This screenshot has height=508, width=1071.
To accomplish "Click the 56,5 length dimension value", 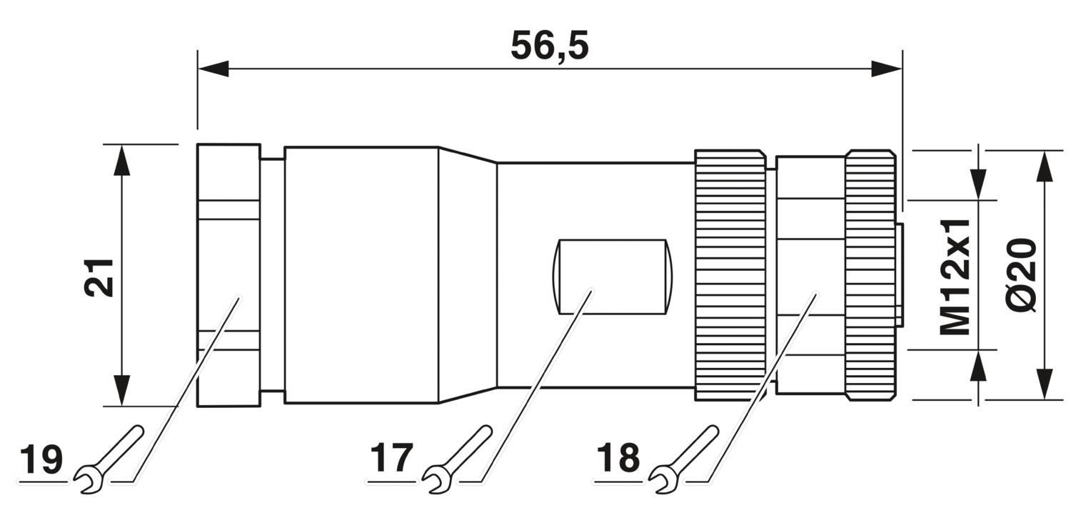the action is [x=549, y=46].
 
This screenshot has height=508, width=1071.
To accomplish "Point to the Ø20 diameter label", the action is [x=1022, y=276].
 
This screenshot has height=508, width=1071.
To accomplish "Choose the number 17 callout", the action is [x=391, y=458].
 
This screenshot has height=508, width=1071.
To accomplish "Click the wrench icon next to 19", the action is [x=109, y=459].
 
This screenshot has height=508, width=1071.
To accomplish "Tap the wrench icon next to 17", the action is [x=458, y=459].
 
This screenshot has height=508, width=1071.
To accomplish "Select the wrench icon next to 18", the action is [x=684, y=459].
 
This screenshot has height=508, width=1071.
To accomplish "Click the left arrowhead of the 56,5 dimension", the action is [x=213, y=69].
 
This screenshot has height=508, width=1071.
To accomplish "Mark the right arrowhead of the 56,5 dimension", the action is [x=886, y=69].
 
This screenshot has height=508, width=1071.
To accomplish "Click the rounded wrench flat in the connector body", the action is [x=613, y=277].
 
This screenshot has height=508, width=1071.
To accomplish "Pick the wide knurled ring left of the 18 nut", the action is [x=730, y=276].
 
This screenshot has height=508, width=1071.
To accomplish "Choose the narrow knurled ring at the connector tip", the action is [x=870, y=276].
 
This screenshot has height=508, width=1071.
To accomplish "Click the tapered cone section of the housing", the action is [x=468, y=275].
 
